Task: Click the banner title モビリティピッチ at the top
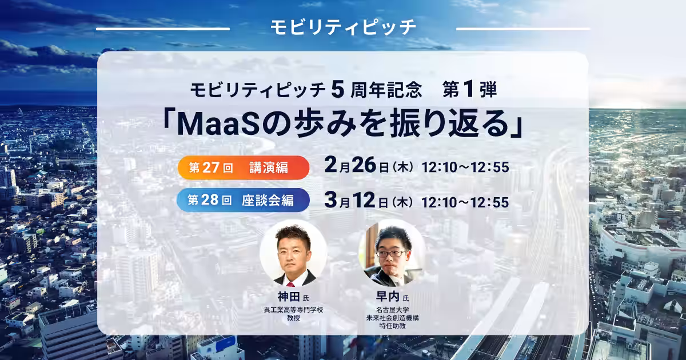tap(343, 27)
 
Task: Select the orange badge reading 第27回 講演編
tap(243, 167)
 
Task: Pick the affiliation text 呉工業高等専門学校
tap(294, 310)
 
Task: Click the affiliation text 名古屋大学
tap(392, 310)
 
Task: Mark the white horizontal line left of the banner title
tap(163, 28)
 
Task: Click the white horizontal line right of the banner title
tap(523, 28)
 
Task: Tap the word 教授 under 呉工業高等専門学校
tap(294, 318)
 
